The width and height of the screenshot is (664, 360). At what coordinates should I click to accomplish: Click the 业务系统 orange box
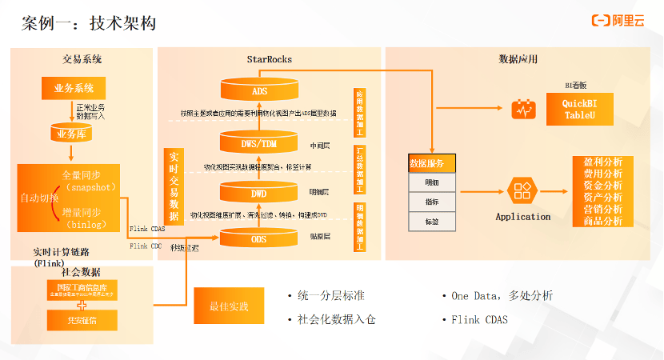[74, 88]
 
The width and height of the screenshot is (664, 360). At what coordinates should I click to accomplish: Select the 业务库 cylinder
[74, 133]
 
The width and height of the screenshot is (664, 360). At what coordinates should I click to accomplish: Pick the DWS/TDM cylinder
[259, 142]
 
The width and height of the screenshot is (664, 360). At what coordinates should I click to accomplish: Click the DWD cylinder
[259, 193]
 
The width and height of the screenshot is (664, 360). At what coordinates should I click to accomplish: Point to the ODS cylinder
[259, 237]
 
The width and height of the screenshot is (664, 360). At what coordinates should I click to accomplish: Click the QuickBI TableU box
[580, 110]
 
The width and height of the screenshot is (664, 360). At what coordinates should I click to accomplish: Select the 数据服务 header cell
[433, 163]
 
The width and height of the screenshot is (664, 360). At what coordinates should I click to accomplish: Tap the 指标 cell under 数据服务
[433, 201]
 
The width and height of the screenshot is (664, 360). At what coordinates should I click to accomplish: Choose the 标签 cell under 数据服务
[433, 221]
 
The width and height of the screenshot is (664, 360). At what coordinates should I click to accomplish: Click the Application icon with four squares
[523, 191]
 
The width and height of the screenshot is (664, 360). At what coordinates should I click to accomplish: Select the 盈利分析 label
[602, 162]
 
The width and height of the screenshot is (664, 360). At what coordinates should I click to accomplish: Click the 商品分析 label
[602, 222]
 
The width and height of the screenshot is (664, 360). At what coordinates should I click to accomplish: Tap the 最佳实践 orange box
[228, 306]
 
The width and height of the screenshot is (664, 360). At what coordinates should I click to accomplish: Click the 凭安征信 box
[82, 321]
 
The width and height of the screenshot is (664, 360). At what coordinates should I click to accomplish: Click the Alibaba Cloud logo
[622, 22]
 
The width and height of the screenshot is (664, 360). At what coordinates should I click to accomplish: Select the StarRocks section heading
[269, 58]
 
